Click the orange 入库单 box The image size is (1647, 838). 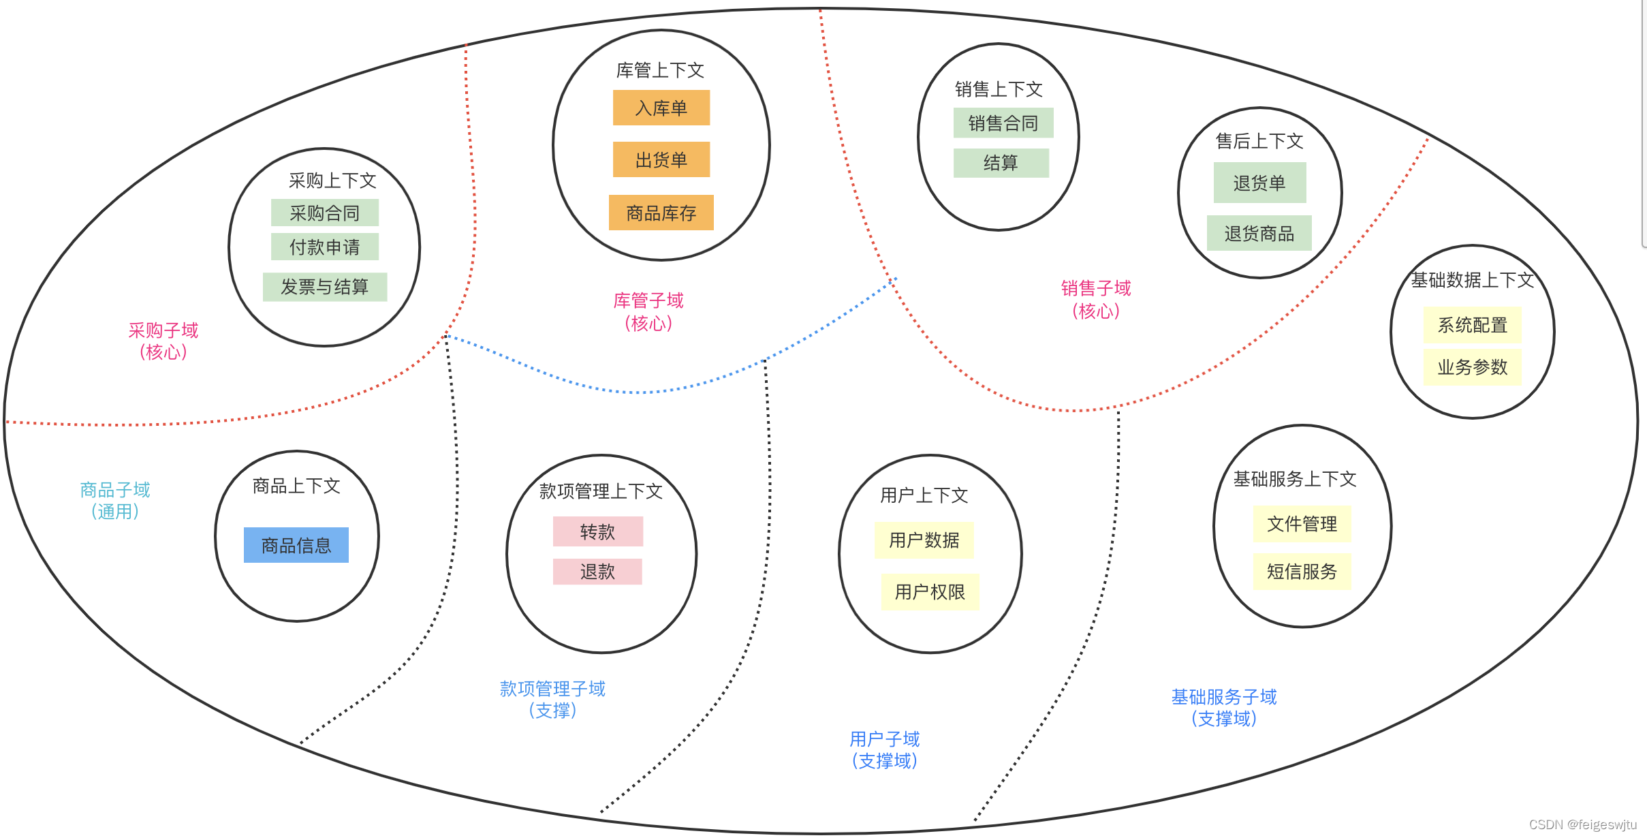pos(661,108)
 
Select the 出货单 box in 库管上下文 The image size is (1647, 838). pos(661,159)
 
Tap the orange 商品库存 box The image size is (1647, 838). pos(661,213)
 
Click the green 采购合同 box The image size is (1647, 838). pos(324,213)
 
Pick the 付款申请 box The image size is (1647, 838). pos(324,247)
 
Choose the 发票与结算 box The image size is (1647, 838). pos(324,287)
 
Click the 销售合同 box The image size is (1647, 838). pos(1003,123)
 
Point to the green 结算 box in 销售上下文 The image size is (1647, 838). pos(1001,162)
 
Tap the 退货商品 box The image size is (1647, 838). pos(1259,233)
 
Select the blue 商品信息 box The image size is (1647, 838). pos(296,545)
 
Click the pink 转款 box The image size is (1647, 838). pos(597,531)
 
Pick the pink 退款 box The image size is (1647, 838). pos(597,571)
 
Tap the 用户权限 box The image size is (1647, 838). pos(929,591)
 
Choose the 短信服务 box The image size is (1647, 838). pos(1302,571)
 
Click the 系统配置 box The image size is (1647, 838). pos(1472,325)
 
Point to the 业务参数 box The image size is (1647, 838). pos(1472,367)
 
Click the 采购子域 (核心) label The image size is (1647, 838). pos(163,341)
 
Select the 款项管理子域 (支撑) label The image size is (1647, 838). pos(552,699)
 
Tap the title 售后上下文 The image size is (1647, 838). pos(1259,141)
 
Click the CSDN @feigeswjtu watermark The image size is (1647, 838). pos(1582,824)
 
